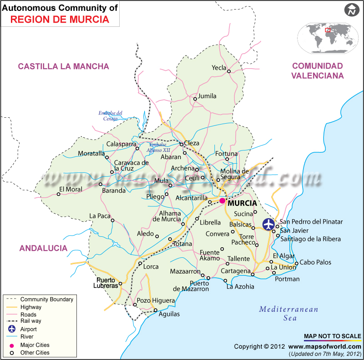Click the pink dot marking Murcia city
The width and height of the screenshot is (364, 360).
(222, 201)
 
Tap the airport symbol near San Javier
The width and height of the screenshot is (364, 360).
(269, 224)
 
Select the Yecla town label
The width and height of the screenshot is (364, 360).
(219, 68)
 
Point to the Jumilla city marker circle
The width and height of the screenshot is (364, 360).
(195, 99)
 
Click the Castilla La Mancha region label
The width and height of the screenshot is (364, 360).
(63, 66)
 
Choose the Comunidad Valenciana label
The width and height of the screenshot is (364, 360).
(318, 71)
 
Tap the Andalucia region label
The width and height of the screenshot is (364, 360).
(43, 248)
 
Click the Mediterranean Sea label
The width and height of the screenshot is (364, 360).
(288, 314)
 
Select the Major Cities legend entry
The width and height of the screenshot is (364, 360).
(35, 345)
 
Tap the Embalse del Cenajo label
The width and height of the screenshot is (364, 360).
(111, 116)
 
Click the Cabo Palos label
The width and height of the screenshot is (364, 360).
(315, 262)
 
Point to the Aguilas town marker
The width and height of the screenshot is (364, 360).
(156, 310)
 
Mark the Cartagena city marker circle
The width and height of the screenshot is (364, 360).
(253, 274)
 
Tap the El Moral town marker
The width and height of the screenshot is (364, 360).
(58, 194)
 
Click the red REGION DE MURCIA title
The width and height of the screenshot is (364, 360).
(60, 19)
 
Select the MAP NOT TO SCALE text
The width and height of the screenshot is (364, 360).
(333, 336)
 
